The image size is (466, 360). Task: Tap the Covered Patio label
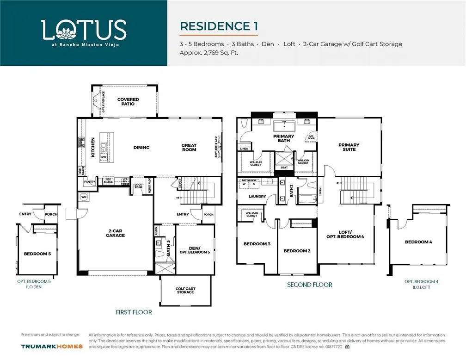click(128, 102)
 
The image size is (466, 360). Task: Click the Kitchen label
click(93, 148)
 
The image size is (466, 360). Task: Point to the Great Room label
click(189, 148)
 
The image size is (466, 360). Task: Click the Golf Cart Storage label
click(185, 291)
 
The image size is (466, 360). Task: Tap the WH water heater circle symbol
click(84, 197)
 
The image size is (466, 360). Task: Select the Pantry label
click(90, 182)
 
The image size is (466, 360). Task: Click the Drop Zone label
click(138, 187)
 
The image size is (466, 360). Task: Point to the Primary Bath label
click(283, 138)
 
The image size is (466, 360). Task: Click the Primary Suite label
click(349, 147)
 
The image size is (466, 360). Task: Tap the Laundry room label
click(257, 197)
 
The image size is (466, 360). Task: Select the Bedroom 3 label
click(257, 244)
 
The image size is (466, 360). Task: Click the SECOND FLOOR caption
click(309, 285)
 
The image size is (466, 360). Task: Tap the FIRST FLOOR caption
click(134, 312)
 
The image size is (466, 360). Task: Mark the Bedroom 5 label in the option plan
click(37, 254)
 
